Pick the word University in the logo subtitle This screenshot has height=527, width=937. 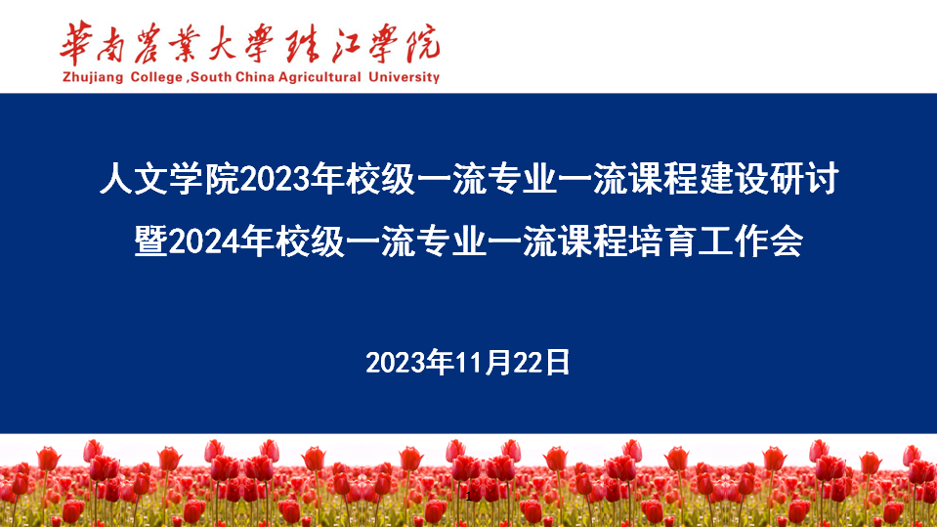[x=404, y=78]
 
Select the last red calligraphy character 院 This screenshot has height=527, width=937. [x=423, y=43]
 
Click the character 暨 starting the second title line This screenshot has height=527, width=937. [x=151, y=242]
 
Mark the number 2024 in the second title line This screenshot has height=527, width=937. [x=204, y=242]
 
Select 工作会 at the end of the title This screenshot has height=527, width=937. [x=750, y=242]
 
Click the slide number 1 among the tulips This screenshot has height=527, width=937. [x=469, y=497]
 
